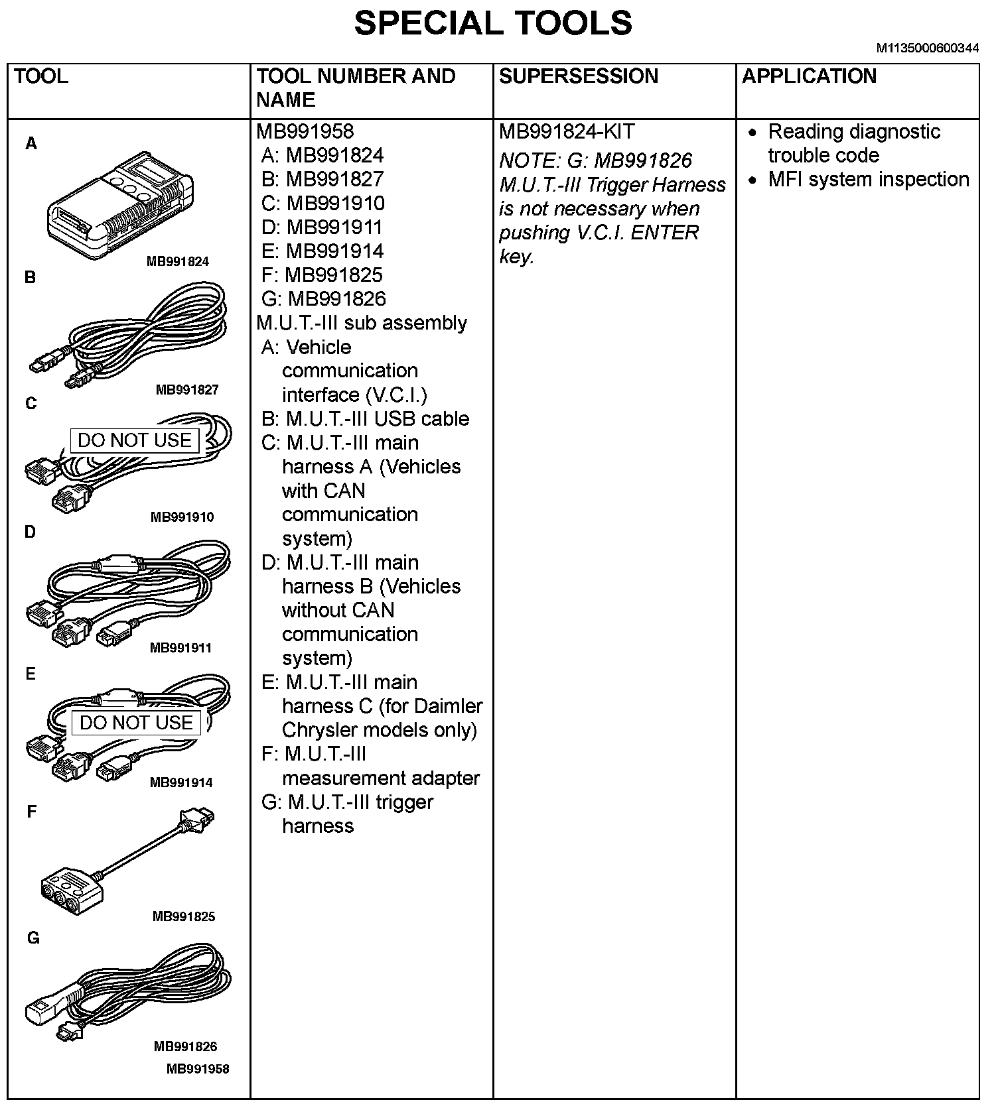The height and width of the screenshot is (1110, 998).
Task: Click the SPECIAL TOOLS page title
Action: coord(493,24)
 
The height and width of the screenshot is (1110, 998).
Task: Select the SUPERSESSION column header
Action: coord(578,76)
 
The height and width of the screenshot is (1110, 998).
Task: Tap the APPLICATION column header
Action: coord(809,76)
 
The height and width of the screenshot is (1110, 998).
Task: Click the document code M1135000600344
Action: coord(927,48)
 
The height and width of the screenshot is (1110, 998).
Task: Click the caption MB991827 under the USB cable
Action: coord(186,390)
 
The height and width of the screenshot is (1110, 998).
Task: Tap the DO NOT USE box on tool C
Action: coord(135,440)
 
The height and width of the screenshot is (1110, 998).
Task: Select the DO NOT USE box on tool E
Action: coord(136,723)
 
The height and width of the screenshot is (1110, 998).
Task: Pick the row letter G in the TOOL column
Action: coord(33,938)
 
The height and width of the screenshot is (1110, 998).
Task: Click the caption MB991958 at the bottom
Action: coord(198,1068)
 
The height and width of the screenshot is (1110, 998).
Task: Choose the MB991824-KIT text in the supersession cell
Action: coord(566,131)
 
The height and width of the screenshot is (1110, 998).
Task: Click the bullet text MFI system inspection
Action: coord(868,180)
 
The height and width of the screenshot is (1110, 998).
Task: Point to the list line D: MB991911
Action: coord(322,227)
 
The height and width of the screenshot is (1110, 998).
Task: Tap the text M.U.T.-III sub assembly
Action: coord(362,323)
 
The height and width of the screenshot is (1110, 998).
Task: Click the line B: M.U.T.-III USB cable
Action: coord(365,419)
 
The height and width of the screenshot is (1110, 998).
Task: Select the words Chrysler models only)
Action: coord(379,730)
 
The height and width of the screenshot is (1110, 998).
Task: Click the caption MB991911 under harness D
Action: coord(180,648)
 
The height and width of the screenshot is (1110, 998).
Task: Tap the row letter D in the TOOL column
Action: coord(31,532)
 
